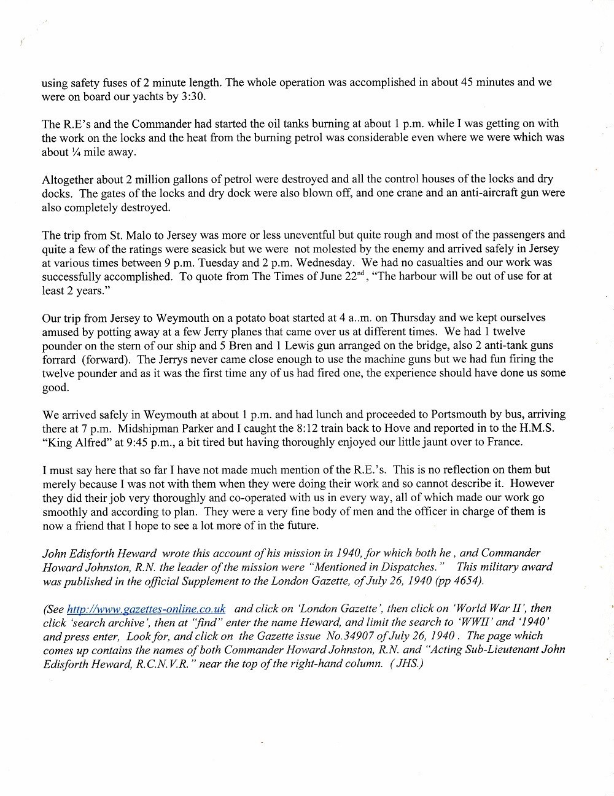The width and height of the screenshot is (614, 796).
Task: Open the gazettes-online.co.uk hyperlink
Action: click(x=146, y=609)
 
